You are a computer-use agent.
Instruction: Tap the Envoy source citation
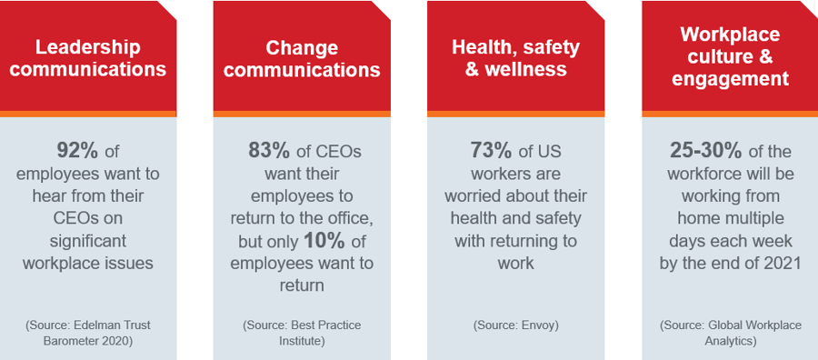(515, 324)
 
